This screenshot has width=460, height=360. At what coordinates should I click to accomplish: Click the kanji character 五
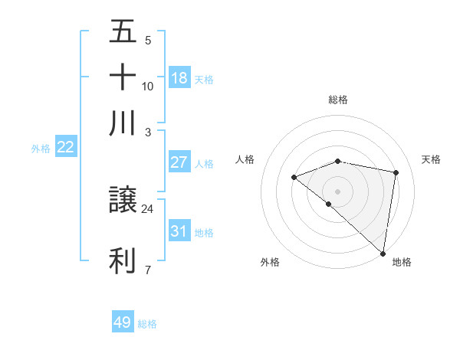[x=123, y=31]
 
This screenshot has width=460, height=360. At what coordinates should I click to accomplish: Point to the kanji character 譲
[x=123, y=201]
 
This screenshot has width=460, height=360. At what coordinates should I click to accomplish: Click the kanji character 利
[x=123, y=261]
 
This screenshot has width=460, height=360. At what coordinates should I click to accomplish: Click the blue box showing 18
[x=179, y=78]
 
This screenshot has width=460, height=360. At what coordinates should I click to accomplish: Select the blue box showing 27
[x=179, y=162]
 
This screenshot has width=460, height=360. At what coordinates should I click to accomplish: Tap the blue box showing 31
[x=179, y=231]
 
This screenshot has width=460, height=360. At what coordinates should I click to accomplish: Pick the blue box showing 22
[x=65, y=148]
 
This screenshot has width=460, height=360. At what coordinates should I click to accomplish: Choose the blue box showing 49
[x=123, y=322]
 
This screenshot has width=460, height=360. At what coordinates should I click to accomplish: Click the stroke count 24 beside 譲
[x=147, y=208]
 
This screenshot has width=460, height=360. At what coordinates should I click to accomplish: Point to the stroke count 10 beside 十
[x=147, y=86]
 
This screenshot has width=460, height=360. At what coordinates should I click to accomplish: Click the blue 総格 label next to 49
[x=147, y=324]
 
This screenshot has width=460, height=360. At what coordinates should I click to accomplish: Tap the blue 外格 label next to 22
[x=40, y=149]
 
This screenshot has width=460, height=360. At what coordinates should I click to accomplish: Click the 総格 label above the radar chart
[x=338, y=100]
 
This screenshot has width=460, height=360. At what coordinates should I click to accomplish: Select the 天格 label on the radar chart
[x=431, y=159]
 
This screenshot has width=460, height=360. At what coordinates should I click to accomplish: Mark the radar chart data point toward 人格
[x=294, y=178]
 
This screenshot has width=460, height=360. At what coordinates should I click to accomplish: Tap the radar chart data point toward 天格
[x=396, y=172]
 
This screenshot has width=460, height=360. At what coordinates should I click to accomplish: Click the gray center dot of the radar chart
[x=338, y=191]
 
